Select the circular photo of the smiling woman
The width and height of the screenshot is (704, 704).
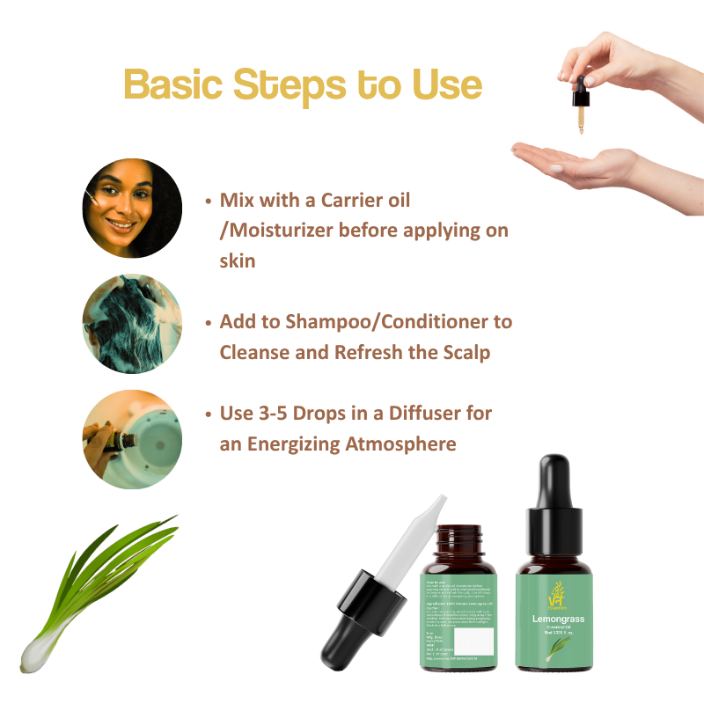point(132,209)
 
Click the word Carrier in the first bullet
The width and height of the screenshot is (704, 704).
point(348,201)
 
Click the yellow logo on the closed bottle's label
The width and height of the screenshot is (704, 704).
point(557,591)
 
